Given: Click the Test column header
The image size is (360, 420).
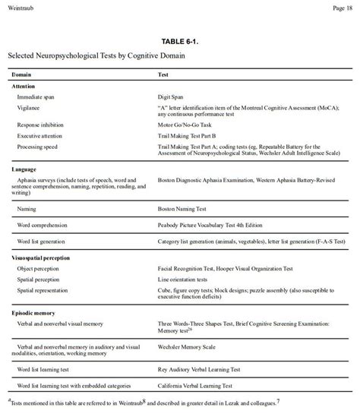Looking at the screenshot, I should coord(163,74).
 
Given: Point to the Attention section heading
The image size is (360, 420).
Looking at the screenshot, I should coord(24,87).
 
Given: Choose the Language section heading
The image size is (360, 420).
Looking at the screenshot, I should coord(25,168).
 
